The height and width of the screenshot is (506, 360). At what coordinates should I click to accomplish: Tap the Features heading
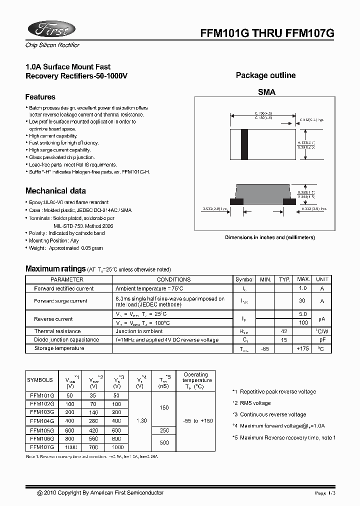pyautogui.click(x=40, y=97)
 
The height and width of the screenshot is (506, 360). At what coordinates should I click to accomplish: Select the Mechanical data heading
pyautogui.click(x=55, y=190)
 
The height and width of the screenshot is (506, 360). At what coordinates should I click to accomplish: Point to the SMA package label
pyautogui.click(x=266, y=92)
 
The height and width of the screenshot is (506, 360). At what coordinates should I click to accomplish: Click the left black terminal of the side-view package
pyautogui.click(x=236, y=201)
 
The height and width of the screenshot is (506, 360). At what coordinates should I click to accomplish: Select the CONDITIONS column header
pyautogui.click(x=173, y=279)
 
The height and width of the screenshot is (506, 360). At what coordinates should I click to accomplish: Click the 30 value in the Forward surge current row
pyautogui.click(x=302, y=301)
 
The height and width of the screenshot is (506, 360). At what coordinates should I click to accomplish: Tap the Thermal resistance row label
pyautogui.click(x=57, y=331)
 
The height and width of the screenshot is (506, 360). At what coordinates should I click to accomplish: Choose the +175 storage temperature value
pyautogui.click(x=303, y=348)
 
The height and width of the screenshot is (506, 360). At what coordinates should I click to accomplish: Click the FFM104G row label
pyautogui.click(x=42, y=421)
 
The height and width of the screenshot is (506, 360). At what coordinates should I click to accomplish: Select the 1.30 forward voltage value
pyautogui.click(x=141, y=421)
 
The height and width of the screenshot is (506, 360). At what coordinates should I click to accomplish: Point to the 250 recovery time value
pyautogui.click(x=164, y=430)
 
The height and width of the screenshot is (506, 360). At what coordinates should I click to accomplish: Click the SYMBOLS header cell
pyautogui.click(x=39, y=380)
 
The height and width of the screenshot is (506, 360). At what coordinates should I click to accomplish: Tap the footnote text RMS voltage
pyautogui.click(x=255, y=403)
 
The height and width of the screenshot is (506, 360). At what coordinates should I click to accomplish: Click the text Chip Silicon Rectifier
pyautogui.click(x=52, y=45)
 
